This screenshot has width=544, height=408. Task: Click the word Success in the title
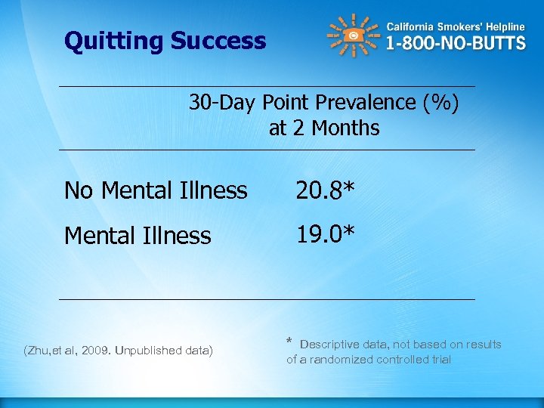218,41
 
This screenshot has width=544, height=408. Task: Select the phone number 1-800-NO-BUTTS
456,43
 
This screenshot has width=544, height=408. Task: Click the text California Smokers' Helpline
456,26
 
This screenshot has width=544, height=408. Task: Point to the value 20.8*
325,190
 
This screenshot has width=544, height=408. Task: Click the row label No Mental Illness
156,190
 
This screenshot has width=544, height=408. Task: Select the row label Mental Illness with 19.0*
138,236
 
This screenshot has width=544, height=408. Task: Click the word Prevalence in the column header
366,102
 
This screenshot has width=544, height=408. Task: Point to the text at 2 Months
324,128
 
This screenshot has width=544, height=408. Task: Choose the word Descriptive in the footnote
330,345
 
